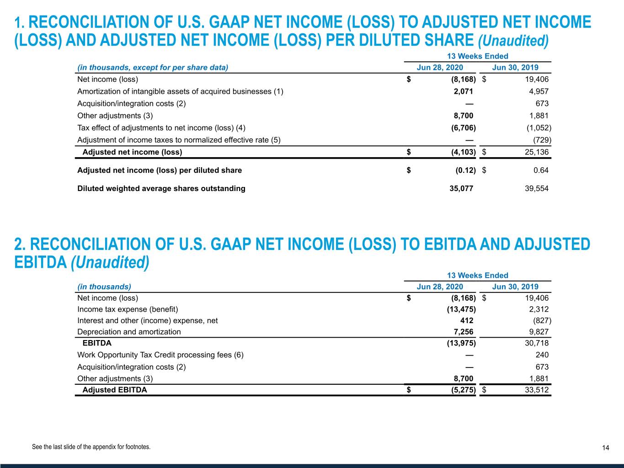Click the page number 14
pyautogui.click(x=605, y=448)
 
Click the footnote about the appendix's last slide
pyautogui.click(x=91, y=447)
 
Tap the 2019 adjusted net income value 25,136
pyautogui.click(x=537, y=152)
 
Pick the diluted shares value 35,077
pyautogui.click(x=461, y=188)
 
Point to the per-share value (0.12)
pyautogui.click(x=465, y=170)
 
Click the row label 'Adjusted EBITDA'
pyautogui.click(x=115, y=390)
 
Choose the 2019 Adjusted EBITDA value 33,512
pyautogui.click(x=537, y=390)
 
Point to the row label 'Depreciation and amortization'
pyautogui.click(x=129, y=332)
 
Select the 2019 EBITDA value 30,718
pyautogui.click(x=537, y=343)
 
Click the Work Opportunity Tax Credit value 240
pyautogui.click(x=542, y=355)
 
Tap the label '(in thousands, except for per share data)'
pyautogui.click(x=153, y=68)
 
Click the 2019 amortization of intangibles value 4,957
pyautogui.click(x=539, y=91)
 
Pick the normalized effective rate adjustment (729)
pyautogui.click(x=542, y=140)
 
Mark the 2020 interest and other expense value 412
pyautogui.click(x=466, y=320)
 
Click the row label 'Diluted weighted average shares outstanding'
pyautogui.click(x=161, y=188)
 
